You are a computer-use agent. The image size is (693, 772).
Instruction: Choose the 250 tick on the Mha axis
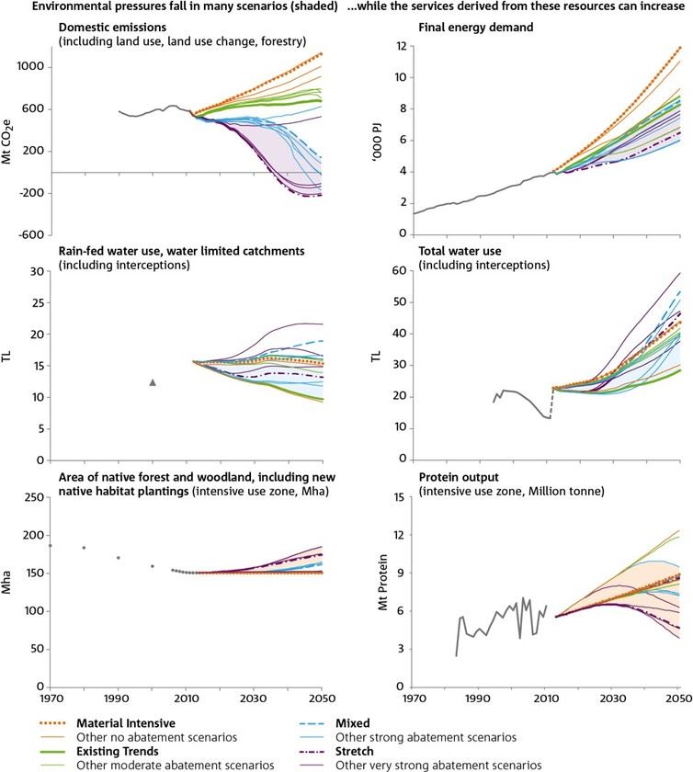coord(35,497)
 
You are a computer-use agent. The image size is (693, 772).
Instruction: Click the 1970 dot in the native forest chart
coord(50,546)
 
